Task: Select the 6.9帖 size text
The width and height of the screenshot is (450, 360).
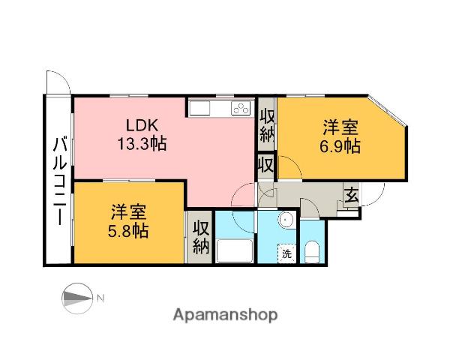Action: pyautogui.click(x=341, y=146)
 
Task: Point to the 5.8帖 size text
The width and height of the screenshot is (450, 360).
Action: pyautogui.click(x=130, y=230)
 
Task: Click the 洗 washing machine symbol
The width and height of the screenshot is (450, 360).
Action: pyautogui.click(x=286, y=253)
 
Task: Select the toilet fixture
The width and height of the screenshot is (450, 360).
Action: pyautogui.click(x=312, y=251)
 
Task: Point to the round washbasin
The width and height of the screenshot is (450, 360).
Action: pyautogui.click(x=284, y=221)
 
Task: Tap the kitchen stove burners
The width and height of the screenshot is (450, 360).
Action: pyautogui.click(x=241, y=109)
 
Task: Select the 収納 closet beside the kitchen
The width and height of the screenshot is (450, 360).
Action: pyautogui.click(x=266, y=124)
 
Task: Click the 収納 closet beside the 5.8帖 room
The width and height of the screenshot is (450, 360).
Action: pyautogui.click(x=199, y=237)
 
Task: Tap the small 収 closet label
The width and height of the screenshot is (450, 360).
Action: pyautogui.click(x=265, y=164)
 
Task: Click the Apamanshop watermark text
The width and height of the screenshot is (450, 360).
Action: pyautogui.click(x=224, y=315)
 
